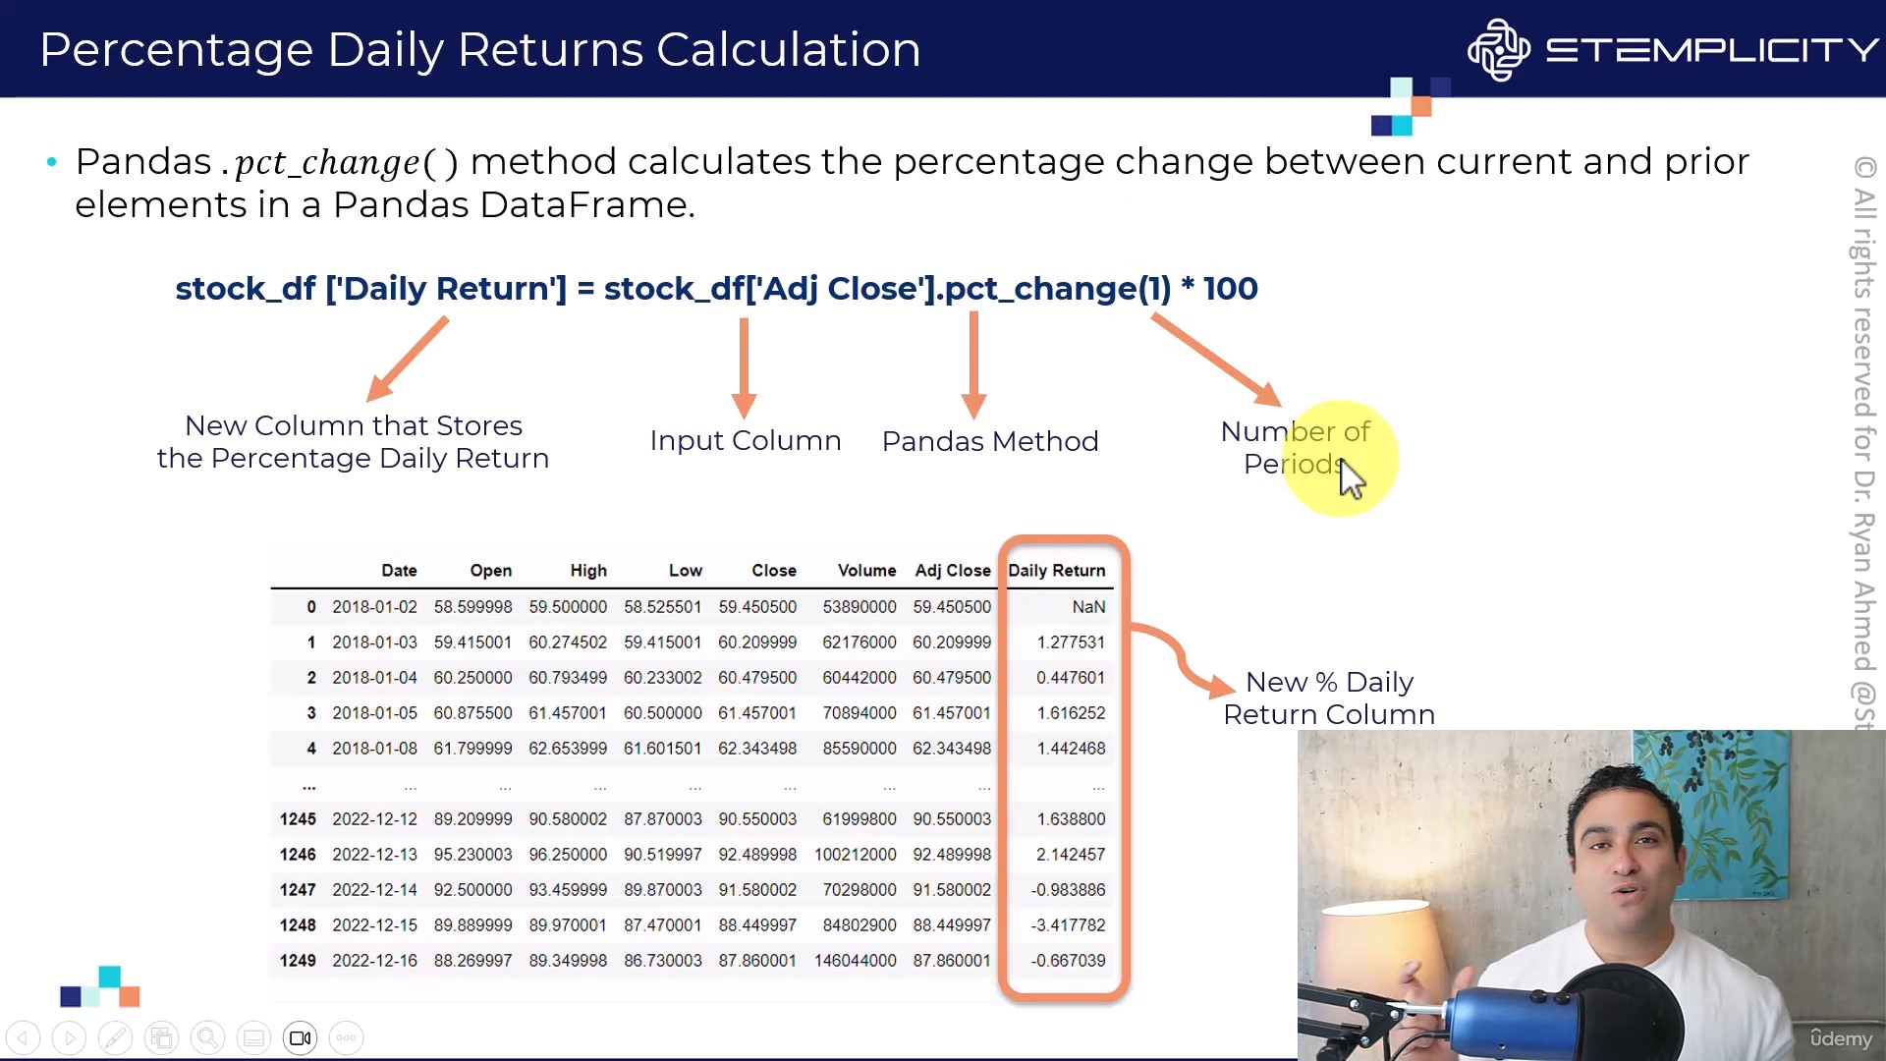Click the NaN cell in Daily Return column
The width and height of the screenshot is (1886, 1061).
click(x=1088, y=607)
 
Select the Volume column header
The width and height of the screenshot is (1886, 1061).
click(x=866, y=571)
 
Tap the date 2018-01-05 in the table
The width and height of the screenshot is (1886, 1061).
click(x=374, y=713)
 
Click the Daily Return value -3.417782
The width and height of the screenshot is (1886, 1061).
click(x=1068, y=925)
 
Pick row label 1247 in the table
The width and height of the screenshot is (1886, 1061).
click(x=298, y=890)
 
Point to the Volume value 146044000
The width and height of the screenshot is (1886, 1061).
click(x=855, y=961)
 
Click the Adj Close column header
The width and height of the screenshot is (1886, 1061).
click(x=953, y=571)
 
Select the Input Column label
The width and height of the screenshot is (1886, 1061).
click(x=746, y=440)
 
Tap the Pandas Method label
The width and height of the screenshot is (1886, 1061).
click(x=990, y=441)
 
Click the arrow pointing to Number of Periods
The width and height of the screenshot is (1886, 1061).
click(x=1217, y=360)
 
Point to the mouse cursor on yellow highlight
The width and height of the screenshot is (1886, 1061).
click(x=1353, y=479)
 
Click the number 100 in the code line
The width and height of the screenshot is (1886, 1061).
click(x=1231, y=289)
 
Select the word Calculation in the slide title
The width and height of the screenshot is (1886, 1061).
click(x=789, y=49)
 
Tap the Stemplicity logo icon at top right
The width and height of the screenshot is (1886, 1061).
click(x=1498, y=49)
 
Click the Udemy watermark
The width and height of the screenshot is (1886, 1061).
click(x=1841, y=1038)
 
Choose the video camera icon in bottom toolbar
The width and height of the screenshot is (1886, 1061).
click(x=301, y=1038)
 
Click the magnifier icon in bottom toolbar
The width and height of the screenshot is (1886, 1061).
click(x=207, y=1038)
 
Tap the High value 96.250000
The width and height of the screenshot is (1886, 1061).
click(x=568, y=855)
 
